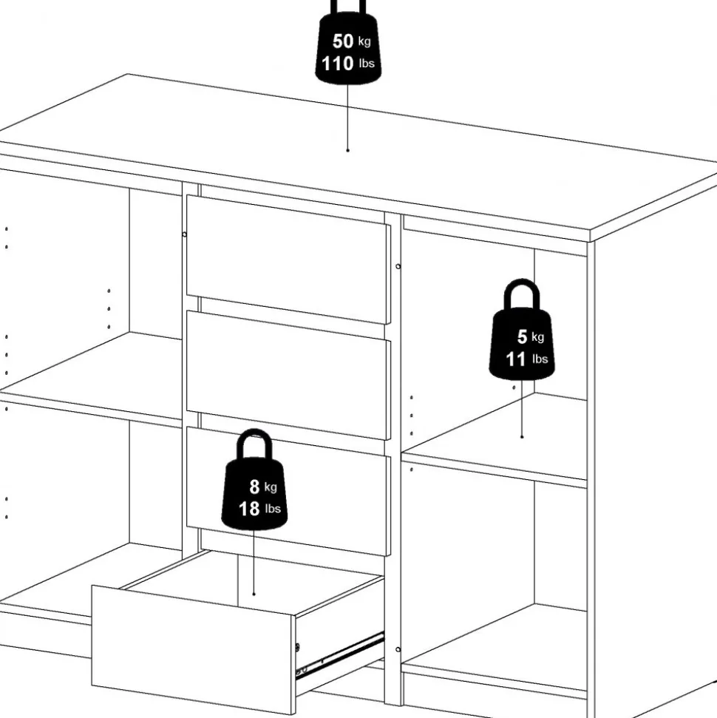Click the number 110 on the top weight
[x=337, y=64]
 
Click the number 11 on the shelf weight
[x=516, y=359]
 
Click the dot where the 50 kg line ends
[x=347, y=150]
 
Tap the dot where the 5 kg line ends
[x=522, y=437]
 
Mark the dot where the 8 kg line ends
[x=254, y=593]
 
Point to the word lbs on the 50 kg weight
[x=367, y=64]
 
